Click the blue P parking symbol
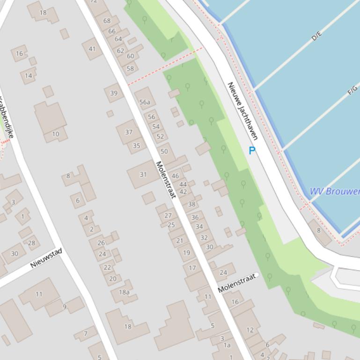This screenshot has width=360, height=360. (252, 151)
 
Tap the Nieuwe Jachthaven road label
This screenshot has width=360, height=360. (242, 111)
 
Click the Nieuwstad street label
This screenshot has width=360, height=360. (46, 258)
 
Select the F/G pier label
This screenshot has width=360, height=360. (353, 91)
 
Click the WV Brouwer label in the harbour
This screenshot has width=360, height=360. (334, 191)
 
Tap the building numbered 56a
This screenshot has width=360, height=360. (145, 102)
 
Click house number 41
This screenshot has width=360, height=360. (92, 49)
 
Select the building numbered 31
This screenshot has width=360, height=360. (143, 174)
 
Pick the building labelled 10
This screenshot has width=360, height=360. (55, 134)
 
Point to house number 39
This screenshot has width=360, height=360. (114, 93)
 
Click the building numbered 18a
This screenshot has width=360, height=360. (124, 292)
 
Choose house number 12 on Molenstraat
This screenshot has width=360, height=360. (250, 330)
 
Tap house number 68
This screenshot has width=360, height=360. (107, 21)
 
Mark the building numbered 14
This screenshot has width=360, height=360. (29, 76)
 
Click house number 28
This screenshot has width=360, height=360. (31, 243)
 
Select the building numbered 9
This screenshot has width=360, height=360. (65, 307)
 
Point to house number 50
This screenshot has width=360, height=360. (164, 151)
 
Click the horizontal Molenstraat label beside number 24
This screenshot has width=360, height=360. (238, 283)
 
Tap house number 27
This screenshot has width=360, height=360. (168, 216)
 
